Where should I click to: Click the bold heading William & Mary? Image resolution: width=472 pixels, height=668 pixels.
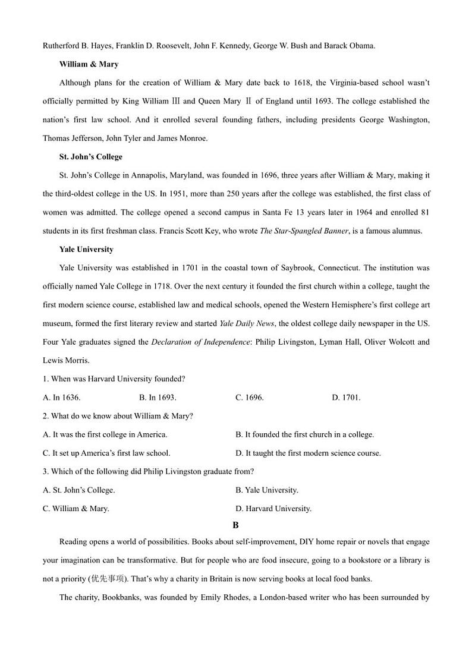coord(89,64)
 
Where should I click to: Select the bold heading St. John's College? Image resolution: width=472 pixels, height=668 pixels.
coord(91,157)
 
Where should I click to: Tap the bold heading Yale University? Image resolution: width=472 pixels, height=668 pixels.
coord(86,250)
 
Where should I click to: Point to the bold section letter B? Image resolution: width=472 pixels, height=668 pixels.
coord(235,525)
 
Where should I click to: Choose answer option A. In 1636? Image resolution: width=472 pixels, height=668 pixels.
coord(62,398)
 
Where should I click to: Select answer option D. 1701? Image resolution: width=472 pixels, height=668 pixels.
coord(346,398)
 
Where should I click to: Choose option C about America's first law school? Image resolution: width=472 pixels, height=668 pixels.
coord(106,453)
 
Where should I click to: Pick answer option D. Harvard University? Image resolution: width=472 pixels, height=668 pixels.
coord(273,508)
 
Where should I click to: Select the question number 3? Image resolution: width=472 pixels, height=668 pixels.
coord(45,471)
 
